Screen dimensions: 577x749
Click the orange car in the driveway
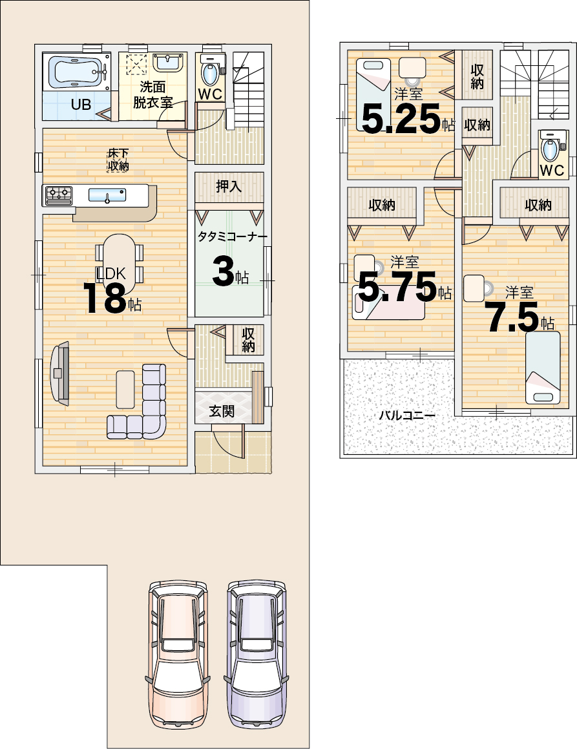(178, 654)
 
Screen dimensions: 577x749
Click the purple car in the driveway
(257, 654)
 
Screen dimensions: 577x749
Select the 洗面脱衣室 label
(153, 94)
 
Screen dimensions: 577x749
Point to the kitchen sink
(107, 195)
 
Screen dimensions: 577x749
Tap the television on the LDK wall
(59, 373)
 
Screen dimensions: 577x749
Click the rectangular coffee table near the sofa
(125, 389)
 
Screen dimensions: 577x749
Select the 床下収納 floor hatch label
(118, 160)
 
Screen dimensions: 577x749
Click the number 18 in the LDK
(105, 298)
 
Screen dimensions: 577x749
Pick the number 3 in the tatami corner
(222, 272)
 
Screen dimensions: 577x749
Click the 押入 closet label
(229, 186)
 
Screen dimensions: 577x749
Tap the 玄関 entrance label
(222, 410)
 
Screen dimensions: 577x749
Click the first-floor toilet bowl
(209, 73)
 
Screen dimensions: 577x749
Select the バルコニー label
(407, 416)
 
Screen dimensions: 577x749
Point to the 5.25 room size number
(401, 119)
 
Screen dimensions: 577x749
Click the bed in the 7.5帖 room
(543, 368)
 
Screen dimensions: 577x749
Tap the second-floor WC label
(552, 170)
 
